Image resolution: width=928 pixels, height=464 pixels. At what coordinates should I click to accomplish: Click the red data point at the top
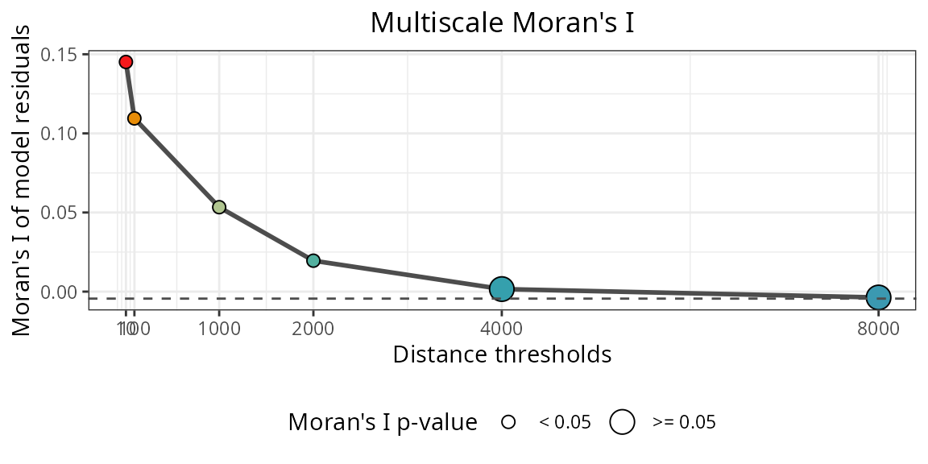pos(126,62)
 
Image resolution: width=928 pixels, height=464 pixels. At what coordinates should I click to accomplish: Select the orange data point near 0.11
pos(135,118)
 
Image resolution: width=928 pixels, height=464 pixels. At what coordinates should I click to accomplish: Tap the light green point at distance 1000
pos(219,207)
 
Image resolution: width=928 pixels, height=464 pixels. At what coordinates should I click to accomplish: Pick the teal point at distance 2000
pos(313,260)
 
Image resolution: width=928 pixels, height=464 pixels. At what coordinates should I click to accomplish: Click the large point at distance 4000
pos(502,288)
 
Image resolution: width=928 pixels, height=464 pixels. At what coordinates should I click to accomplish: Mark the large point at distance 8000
pos(878,298)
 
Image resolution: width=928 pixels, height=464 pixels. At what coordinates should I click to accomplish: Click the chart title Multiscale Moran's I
pos(502,23)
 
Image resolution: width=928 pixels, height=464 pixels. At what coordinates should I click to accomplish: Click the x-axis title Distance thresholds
pos(502,354)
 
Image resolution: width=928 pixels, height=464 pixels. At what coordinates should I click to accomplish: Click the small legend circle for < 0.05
pos(508,422)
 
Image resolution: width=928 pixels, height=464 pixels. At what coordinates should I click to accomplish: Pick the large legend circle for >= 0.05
pos(623,422)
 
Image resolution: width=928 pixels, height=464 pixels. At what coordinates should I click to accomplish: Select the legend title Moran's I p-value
pos(383,422)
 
